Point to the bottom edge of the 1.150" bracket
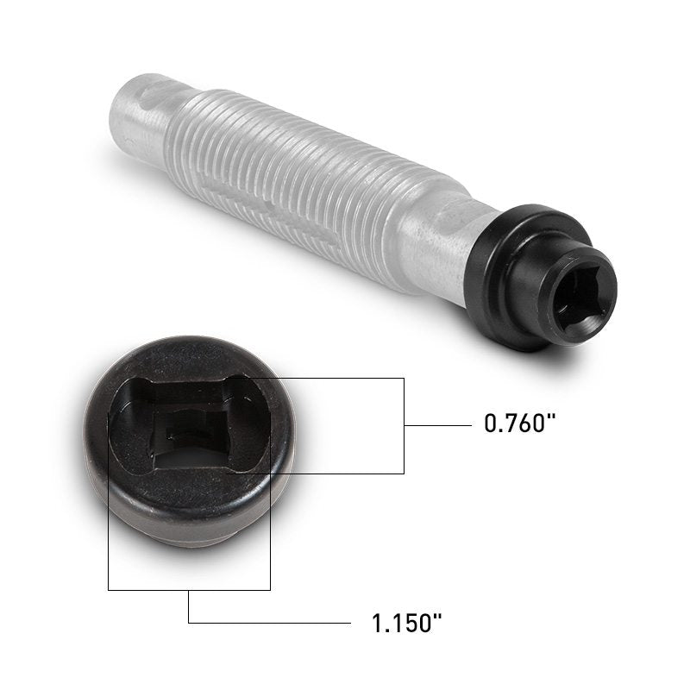pos(189,589)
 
